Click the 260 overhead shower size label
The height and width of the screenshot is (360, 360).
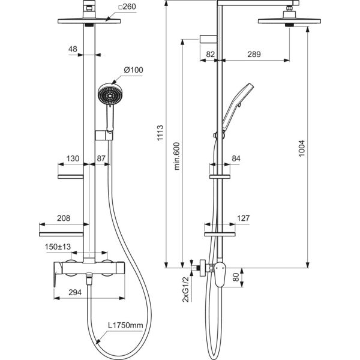tap(127, 7)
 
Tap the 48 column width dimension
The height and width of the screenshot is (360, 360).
tap(73, 49)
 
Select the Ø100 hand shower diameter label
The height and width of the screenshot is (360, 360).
tap(133, 70)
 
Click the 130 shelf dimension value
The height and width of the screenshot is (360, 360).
tap(73, 158)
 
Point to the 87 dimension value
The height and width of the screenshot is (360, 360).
tap(101, 158)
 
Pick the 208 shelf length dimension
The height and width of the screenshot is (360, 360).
tap(64, 218)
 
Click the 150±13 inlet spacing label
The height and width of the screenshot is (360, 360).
tap(58, 247)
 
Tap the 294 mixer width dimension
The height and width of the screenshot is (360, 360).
tap(75, 292)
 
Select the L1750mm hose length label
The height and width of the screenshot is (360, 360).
tap(125, 325)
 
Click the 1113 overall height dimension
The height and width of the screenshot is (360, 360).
tap(160, 133)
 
